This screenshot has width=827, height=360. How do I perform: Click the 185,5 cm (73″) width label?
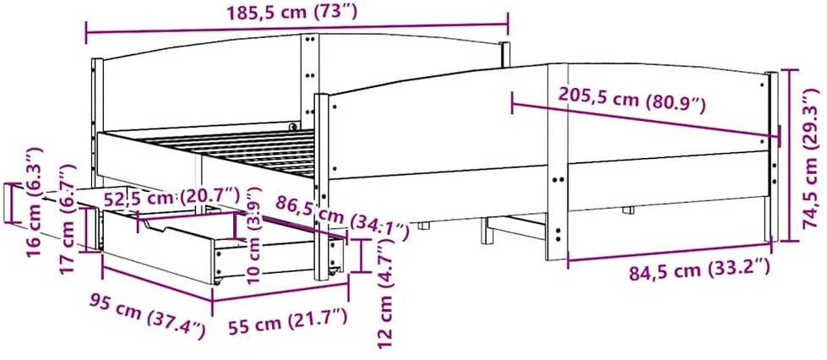(291, 11)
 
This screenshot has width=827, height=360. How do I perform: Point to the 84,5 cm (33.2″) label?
(699, 270)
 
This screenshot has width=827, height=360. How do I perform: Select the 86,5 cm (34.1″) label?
(342, 213)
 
